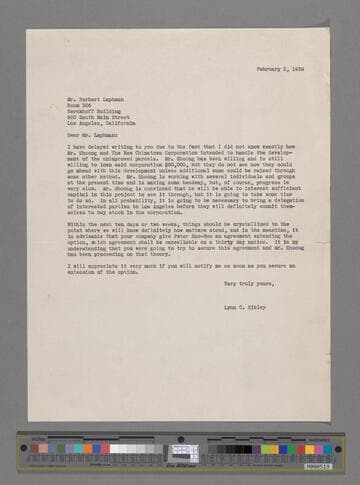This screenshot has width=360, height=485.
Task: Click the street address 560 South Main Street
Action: pos(97,95)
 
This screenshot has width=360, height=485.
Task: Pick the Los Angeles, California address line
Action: pos(106,102)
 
